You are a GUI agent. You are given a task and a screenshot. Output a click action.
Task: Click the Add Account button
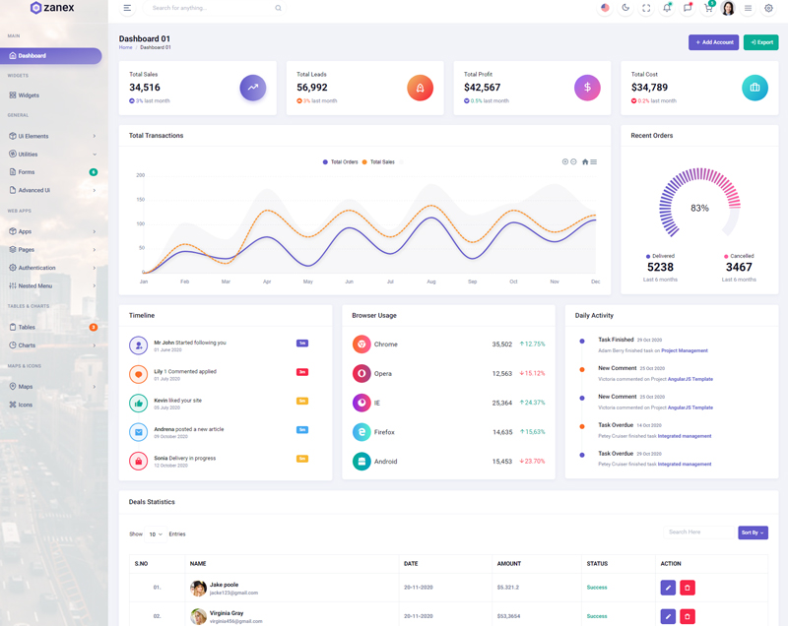(x=713, y=42)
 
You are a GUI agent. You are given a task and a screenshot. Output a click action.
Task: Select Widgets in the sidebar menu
(x=29, y=95)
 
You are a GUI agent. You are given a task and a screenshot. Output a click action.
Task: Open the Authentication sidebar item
(x=37, y=268)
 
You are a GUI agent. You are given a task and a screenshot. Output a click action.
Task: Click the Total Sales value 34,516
(x=145, y=88)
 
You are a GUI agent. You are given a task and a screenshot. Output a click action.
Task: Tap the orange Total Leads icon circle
(x=420, y=88)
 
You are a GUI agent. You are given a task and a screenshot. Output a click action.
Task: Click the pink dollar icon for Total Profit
(x=587, y=88)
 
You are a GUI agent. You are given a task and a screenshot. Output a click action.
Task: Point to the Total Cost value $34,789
(x=649, y=88)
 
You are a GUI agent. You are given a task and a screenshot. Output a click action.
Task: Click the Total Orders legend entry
(x=340, y=161)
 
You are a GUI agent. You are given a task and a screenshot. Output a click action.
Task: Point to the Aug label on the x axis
(x=431, y=282)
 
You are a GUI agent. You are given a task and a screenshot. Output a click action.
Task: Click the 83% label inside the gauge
(x=699, y=208)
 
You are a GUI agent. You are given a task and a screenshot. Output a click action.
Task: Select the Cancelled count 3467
(x=739, y=267)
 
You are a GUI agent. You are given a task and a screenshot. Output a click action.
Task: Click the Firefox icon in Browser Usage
(x=361, y=431)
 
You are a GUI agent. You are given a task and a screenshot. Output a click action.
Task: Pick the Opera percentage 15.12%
(x=532, y=373)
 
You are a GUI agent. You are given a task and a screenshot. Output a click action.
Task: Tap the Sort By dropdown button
(x=753, y=532)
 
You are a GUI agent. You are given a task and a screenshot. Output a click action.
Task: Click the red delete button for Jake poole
(x=688, y=588)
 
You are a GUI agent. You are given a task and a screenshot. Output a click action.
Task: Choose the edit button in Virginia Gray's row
(x=668, y=616)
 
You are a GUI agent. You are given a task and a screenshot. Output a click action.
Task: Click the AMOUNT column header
(x=509, y=564)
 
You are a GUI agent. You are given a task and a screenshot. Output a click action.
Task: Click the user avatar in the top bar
(x=728, y=9)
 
